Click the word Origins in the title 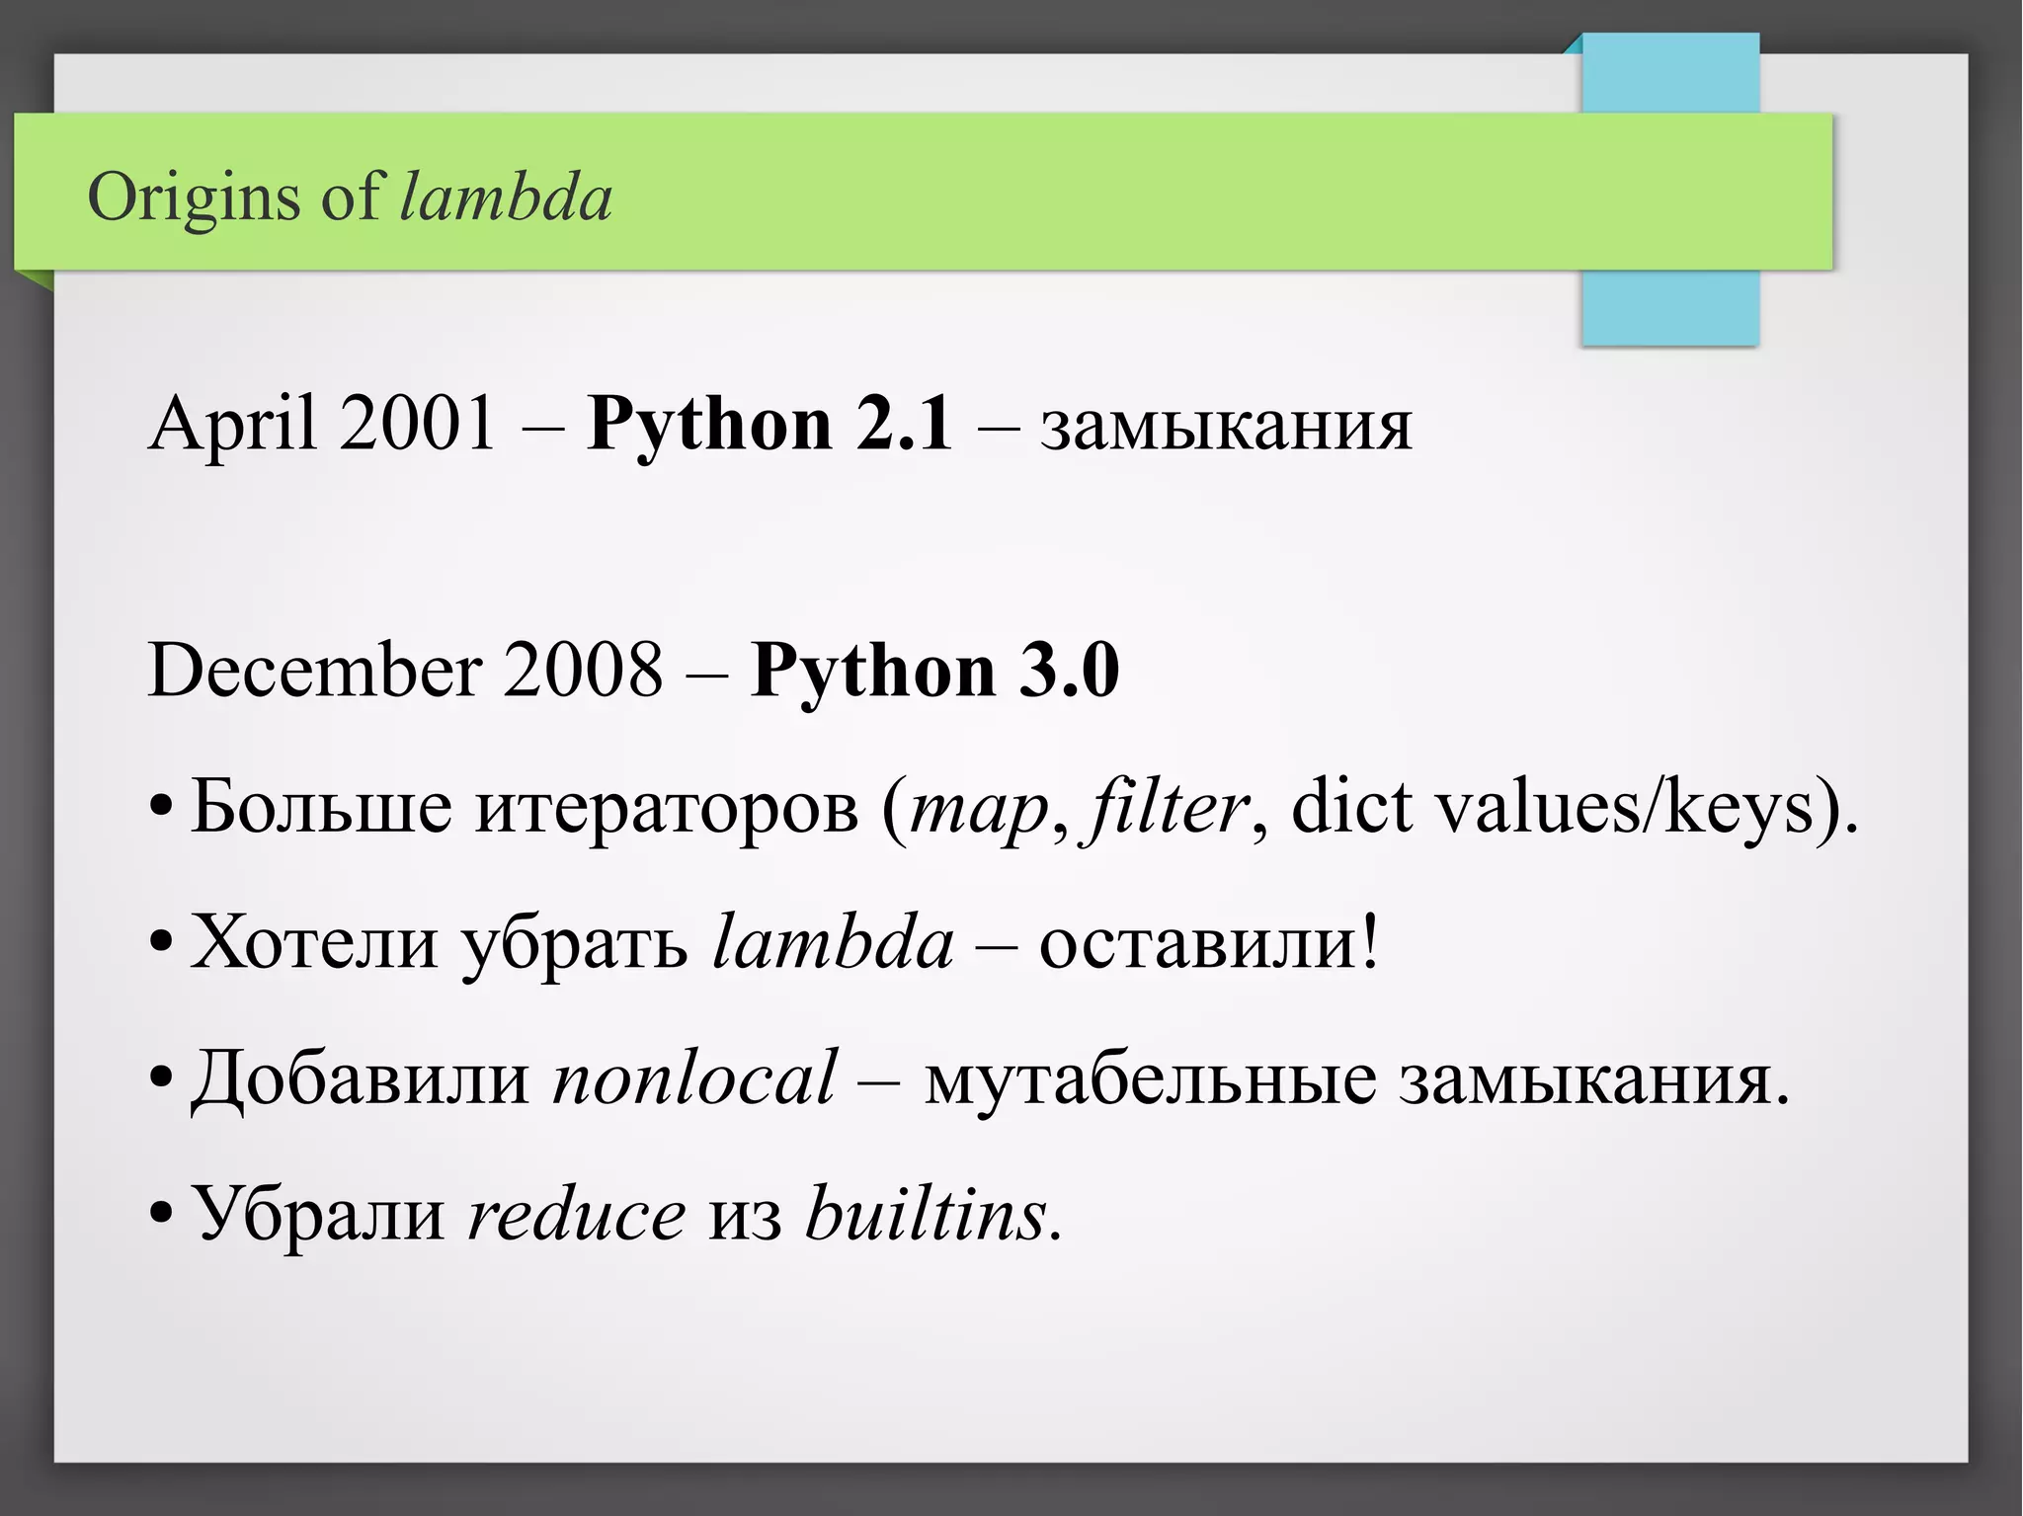pos(193,198)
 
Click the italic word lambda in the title pos(506,198)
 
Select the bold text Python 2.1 pos(769,424)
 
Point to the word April pos(231,424)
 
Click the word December pos(316,670)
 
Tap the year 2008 pos(583,670)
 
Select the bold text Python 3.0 pos(934,670)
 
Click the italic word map pos(979,808)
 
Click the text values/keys pos(1625,808)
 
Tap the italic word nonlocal pos(694,1077)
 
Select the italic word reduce pos(576,1214)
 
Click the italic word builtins pos(926,1214)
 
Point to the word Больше pos(320,808)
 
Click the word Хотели pos(314,942)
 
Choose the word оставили pos(1198,942)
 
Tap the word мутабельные pos(1149,1077)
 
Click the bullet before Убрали pos(161,1214)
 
